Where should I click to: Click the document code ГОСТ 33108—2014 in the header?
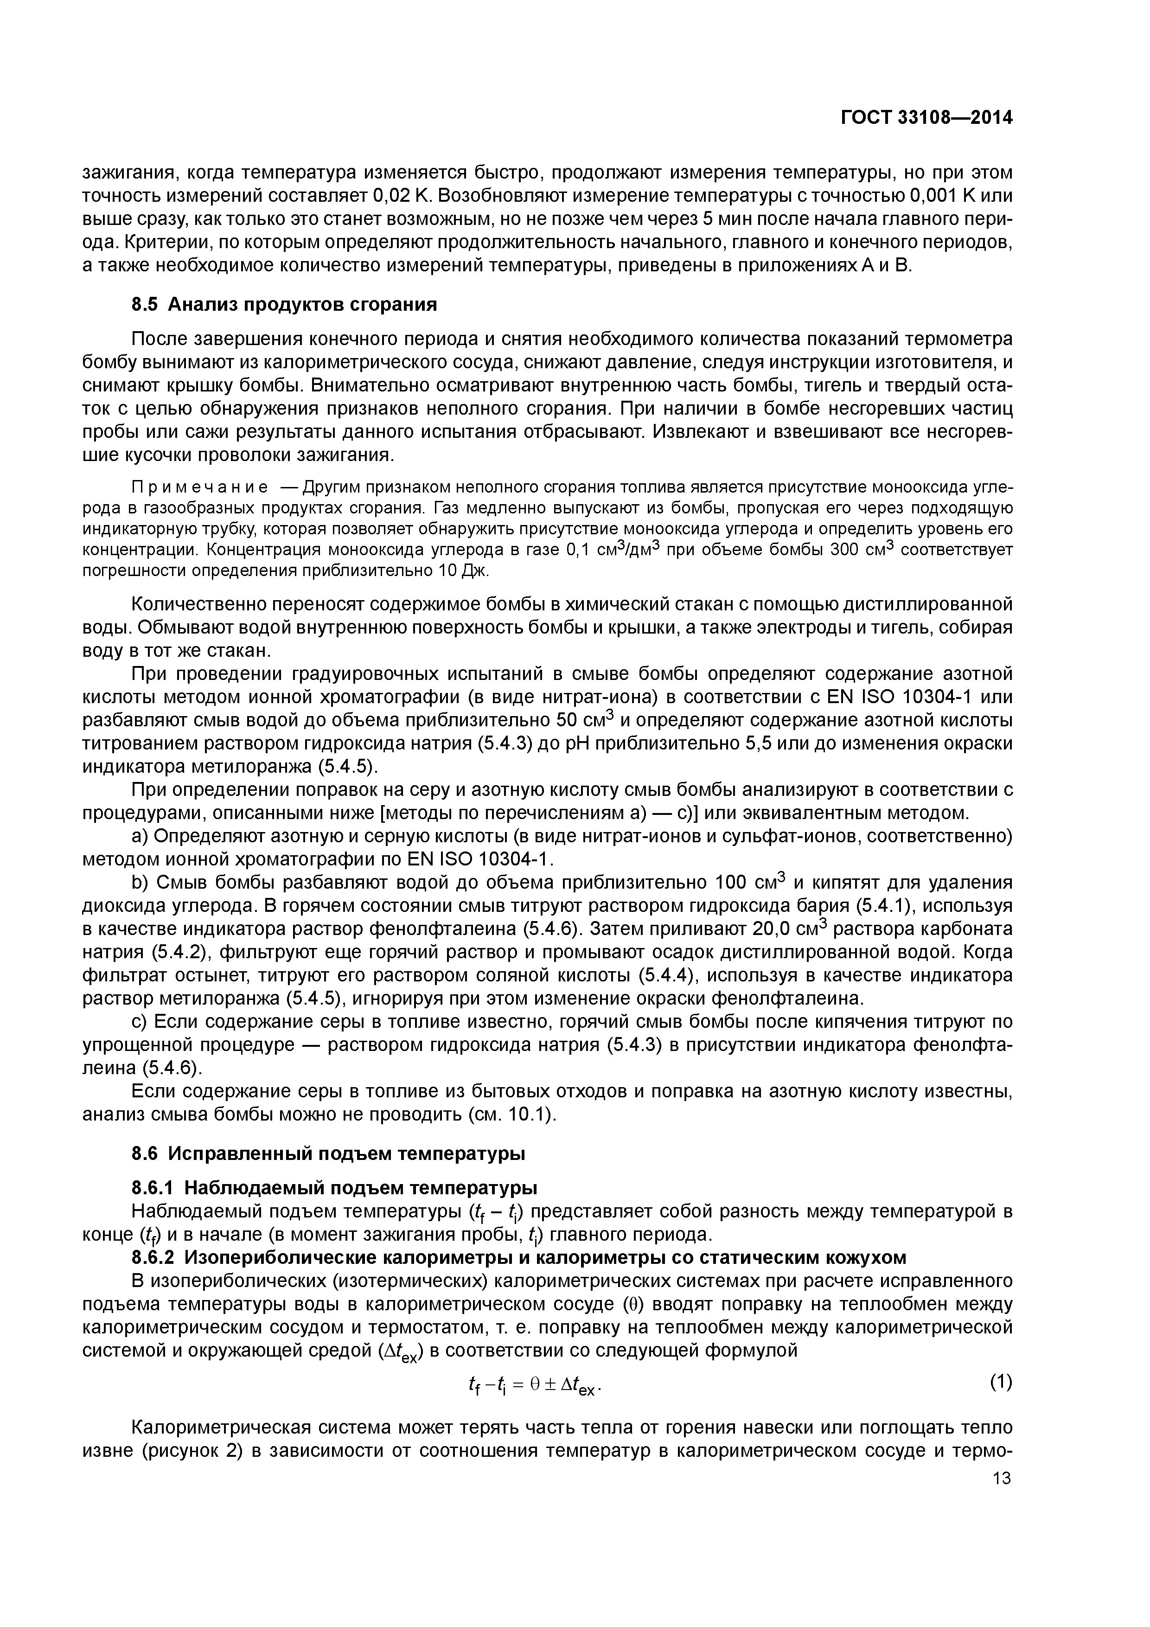point(926,118)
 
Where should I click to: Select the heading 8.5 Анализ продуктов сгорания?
point(284,305)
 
